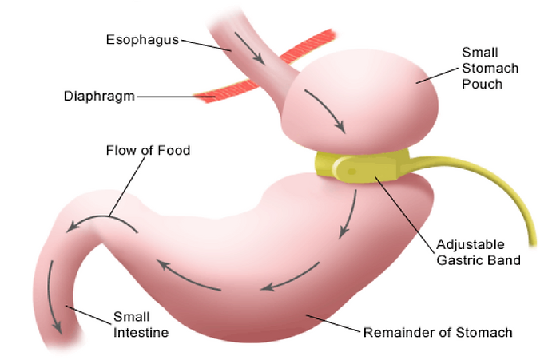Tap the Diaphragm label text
99,97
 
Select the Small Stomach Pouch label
481,68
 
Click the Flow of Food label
148,150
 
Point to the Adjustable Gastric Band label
479,252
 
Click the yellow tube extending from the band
511,192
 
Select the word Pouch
482,83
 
